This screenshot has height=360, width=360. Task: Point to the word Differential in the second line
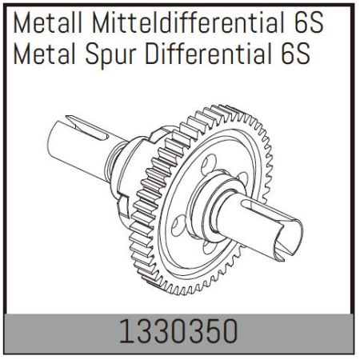coord(211,55)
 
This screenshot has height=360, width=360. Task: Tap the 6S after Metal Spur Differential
coord(297,55)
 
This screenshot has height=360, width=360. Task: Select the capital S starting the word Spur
coord(90,55)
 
